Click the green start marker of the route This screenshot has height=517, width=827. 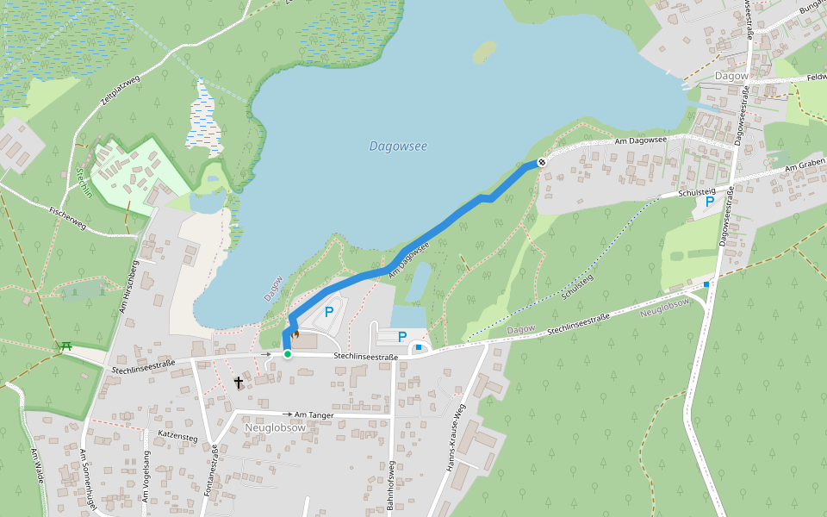coord(287,353)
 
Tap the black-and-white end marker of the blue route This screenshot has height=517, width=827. coord(542,162)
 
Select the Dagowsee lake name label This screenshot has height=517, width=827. coord(398,146)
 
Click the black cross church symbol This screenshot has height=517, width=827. coord(238,382)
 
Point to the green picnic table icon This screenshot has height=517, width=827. coord(65,347)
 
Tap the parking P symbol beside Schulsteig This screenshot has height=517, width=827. coord(709,202)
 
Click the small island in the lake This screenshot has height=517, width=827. coord(484,53)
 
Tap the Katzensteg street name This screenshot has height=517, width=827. coord(178,437)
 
